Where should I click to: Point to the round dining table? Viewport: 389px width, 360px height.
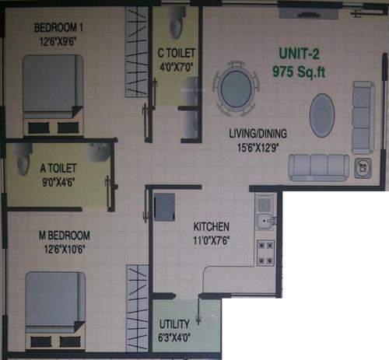237,88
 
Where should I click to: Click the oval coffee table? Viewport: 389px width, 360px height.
322,115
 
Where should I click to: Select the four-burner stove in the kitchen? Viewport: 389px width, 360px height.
265,252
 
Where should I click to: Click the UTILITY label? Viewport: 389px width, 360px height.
174,326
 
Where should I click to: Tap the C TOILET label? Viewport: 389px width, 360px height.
176,54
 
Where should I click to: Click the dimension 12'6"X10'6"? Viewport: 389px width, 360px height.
58,248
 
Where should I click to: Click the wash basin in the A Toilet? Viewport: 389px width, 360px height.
99,154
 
